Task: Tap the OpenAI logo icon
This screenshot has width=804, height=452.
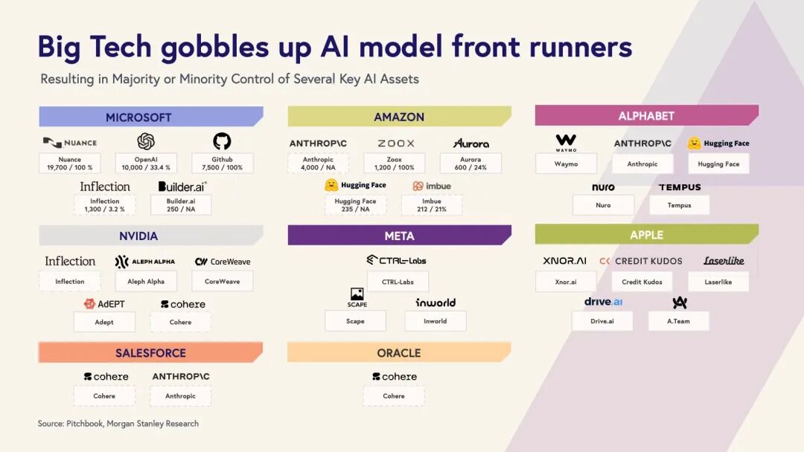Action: (146, 141)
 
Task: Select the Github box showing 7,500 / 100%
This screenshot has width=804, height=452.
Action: (222, 164)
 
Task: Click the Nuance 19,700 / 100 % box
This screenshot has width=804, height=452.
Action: (69, 164)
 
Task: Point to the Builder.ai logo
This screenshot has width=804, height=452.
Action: (182, 186)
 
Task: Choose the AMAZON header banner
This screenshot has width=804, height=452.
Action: (399, 117)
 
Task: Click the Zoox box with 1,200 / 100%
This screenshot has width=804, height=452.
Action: (395, 164)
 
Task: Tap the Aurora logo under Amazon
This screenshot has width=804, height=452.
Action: (470, 143)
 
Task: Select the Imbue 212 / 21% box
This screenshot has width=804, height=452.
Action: (432, 205)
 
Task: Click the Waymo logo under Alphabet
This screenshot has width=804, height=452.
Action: (566, 141)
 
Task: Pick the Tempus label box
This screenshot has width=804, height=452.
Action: (679, 205)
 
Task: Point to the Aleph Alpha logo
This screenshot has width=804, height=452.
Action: (145, 262)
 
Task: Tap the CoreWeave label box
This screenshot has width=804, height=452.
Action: (223, 281)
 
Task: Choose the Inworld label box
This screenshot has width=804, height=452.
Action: (435, 321)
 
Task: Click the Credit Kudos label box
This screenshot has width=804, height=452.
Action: (642, 282)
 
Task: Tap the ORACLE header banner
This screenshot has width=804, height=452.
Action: (399, 352)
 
